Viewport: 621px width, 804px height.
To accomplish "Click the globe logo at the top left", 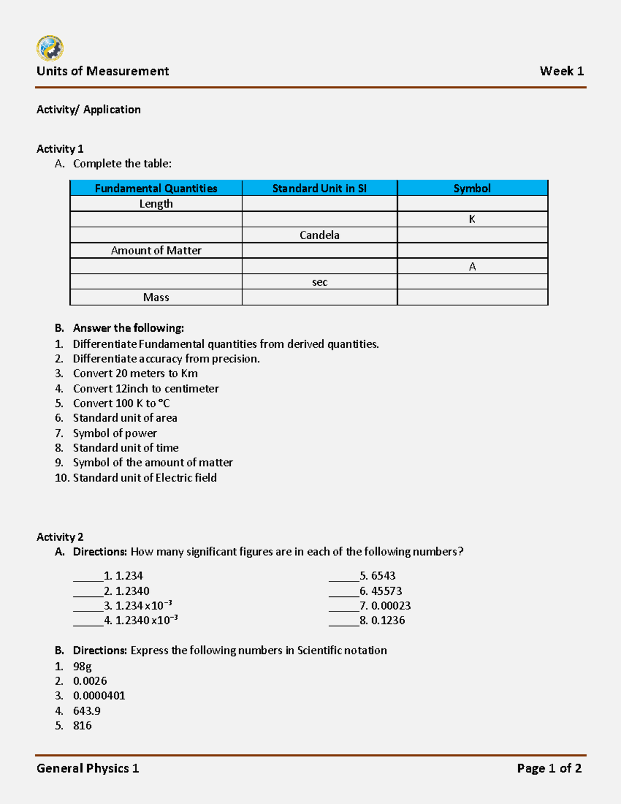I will point(50,48).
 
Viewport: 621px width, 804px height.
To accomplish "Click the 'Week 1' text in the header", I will point(561,71).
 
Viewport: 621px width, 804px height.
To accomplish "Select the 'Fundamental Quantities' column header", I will point(156,188).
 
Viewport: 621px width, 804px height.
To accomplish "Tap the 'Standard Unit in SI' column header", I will point(319,188).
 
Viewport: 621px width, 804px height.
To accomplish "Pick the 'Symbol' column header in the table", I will point(472,188).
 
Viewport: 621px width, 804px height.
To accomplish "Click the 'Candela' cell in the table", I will point(319,235).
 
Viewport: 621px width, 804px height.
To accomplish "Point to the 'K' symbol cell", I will point(472,220).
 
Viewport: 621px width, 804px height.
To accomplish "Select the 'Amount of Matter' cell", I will point(156,251).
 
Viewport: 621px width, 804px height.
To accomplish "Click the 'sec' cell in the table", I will point(319,282).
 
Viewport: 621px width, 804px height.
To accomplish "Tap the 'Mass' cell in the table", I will point(156,298).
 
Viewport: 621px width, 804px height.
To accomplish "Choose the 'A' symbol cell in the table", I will point(472,267).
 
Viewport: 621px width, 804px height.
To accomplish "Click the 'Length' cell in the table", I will point(156,204).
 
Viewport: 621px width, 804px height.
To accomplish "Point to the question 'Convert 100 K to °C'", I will point(121,403).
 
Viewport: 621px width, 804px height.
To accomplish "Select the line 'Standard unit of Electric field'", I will point(144,478).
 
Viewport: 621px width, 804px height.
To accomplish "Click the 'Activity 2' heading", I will point(60,537).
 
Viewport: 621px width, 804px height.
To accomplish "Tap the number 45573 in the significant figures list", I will point(387,591).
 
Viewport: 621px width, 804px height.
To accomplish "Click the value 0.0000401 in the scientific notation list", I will point(99,696).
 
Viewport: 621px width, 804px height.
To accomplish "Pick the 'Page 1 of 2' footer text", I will point(549,768).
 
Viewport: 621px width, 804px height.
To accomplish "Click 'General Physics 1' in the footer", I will point(87,768).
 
